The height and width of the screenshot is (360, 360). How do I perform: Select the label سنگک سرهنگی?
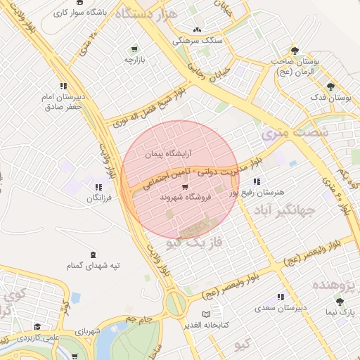[197, 41]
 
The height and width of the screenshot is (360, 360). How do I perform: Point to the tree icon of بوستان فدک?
[330, 86]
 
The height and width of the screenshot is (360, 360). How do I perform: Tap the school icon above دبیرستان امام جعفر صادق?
[63, 86]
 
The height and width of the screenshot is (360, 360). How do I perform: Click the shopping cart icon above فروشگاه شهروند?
[184, 187]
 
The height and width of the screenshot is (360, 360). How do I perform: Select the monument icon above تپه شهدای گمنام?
[94, 255]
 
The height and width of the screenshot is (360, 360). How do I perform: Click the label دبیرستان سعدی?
[281, 307]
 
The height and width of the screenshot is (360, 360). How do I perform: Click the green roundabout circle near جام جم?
[175, 304]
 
